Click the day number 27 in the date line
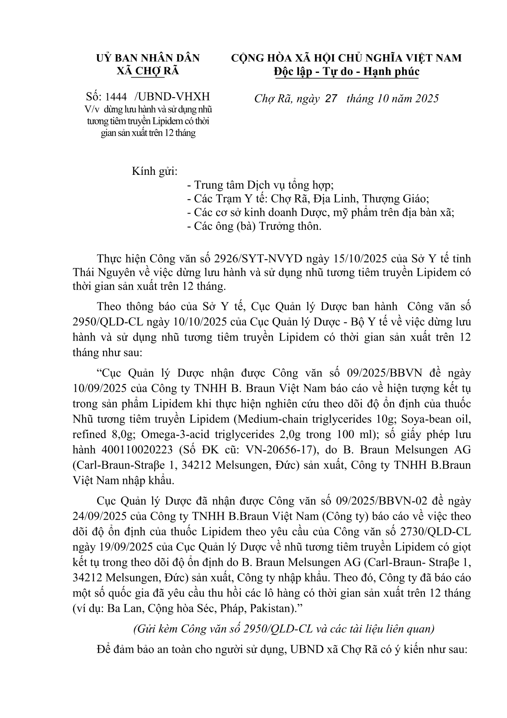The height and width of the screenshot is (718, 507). pos(331,99)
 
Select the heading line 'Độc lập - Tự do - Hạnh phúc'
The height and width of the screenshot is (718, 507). pos(346,72)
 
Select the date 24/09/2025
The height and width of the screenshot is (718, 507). pos(99,516)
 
